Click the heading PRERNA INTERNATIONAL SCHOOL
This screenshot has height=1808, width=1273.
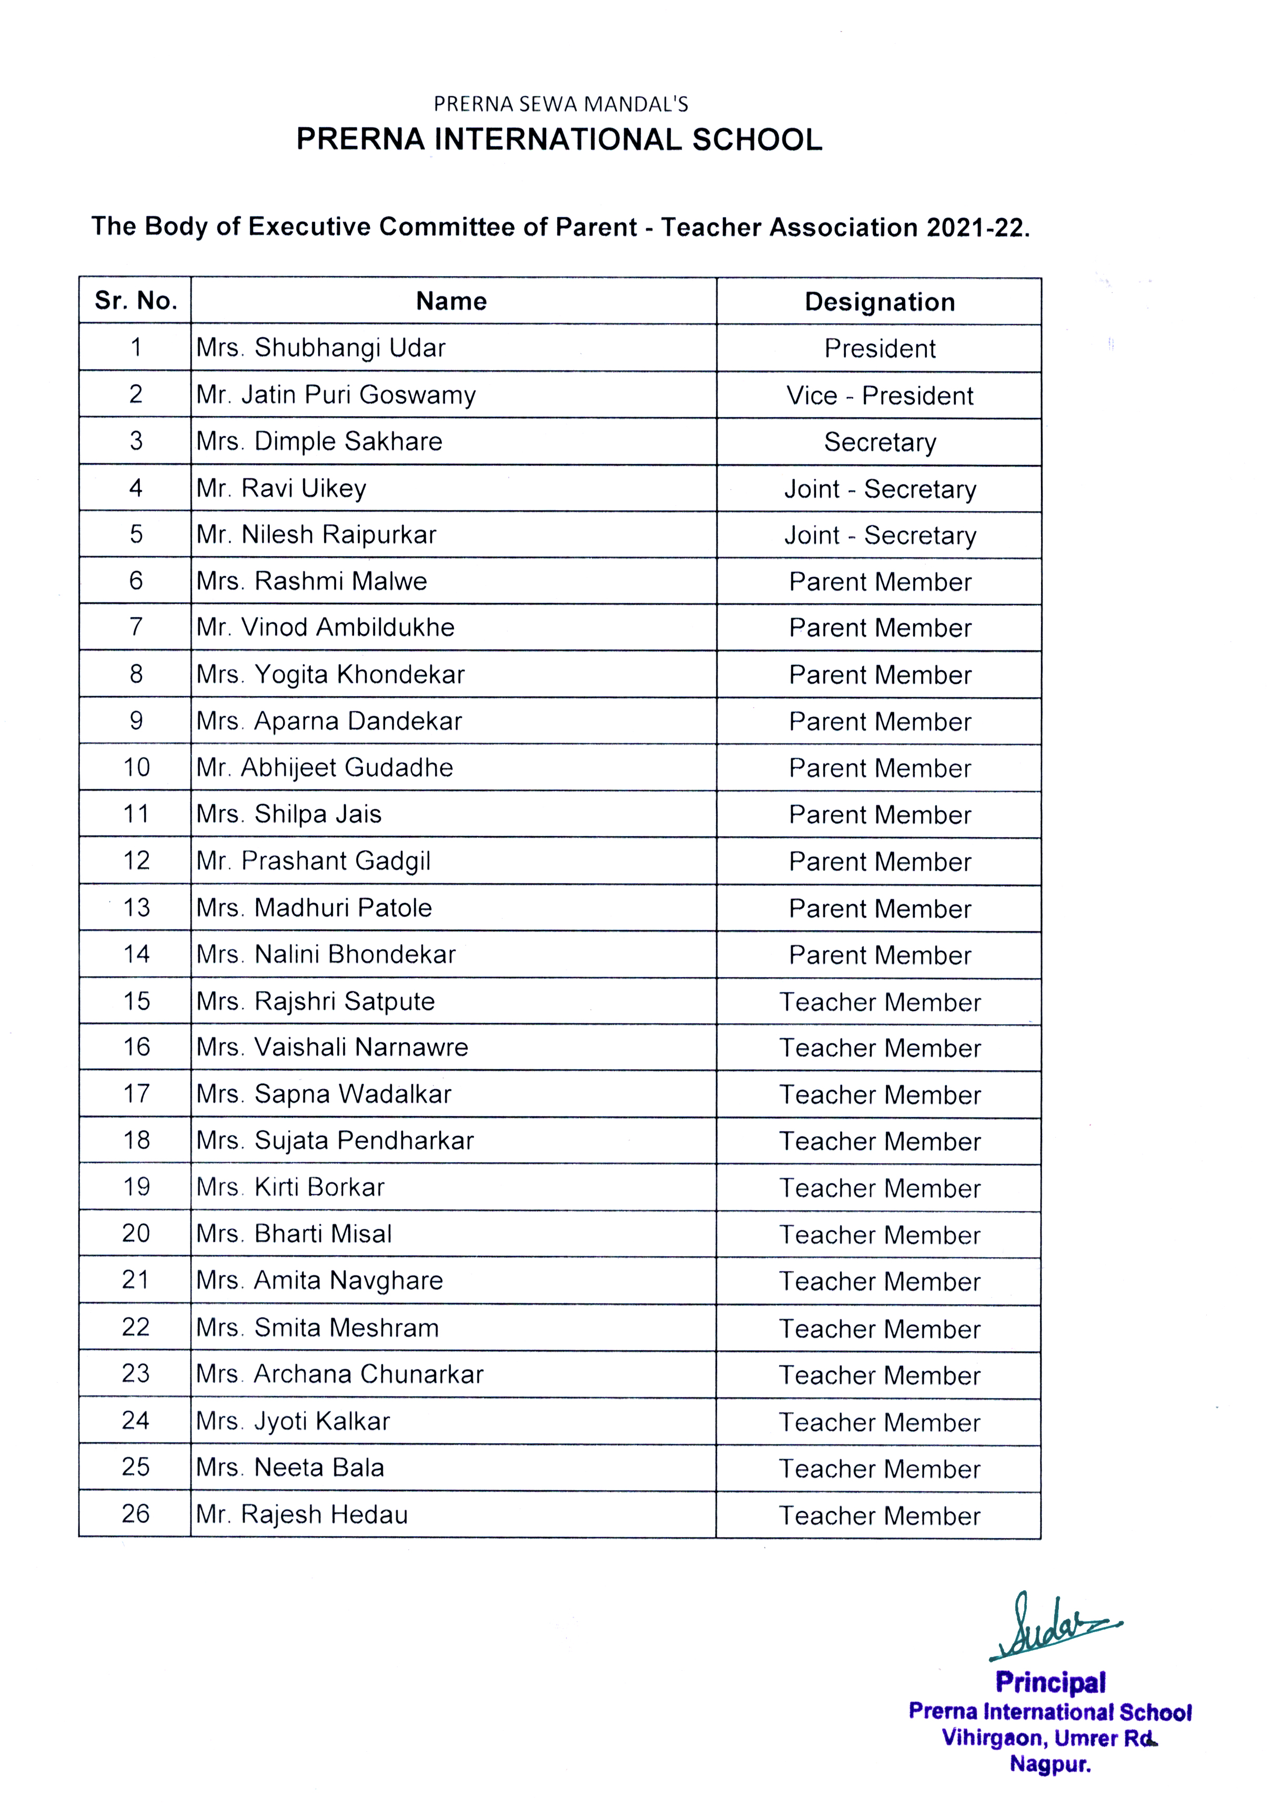click(x=559, y=139)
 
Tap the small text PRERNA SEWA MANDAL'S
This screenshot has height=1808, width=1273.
click(x=561, y=104)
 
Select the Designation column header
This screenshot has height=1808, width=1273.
click(x=880, y=302)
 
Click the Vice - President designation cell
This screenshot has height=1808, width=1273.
click(x=880, y=395)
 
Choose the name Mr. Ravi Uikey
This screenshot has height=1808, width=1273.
click(x=281, y=488)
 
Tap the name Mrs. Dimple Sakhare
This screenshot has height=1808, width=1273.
click(x=319, y=441)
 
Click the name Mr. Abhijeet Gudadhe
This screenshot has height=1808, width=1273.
click(x=325, y=767)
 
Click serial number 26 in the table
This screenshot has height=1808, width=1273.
click(x=135, y=1513)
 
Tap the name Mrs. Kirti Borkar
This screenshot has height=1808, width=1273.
click(x=290, y=1187)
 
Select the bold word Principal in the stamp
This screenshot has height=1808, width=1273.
click(x=1050, y=1682)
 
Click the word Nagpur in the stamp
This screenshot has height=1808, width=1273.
click(x=1050, y=1764)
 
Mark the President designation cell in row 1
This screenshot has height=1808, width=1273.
click(x=880, y=348)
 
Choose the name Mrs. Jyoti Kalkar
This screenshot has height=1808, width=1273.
click(x=293, y=1421)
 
